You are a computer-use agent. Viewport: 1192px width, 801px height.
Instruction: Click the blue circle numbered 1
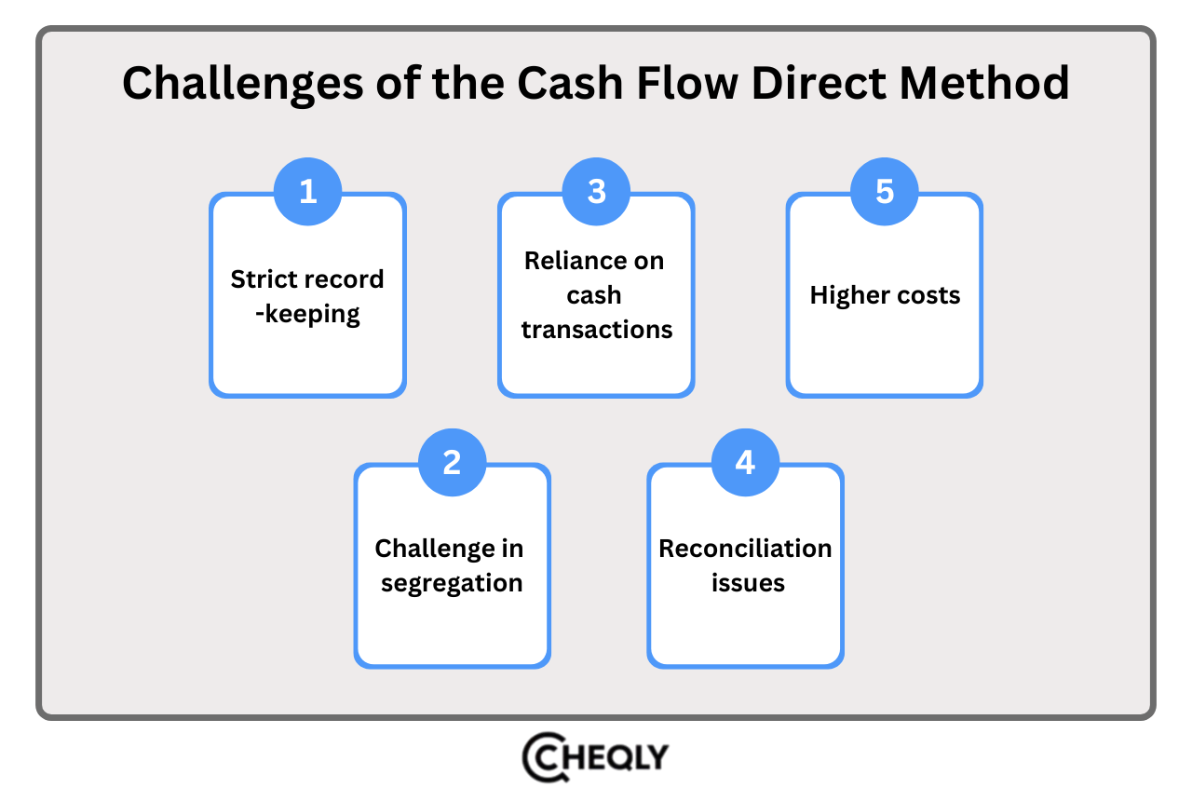(x=307, y=191)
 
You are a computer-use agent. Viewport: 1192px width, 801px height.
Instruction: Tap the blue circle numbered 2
(x=452, y=461)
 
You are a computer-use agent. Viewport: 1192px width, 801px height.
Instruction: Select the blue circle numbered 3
(x=597, y=191)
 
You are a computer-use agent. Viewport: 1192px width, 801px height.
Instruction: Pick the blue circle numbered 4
(x=745, y=461)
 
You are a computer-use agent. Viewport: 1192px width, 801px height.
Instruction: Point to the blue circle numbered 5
(x=885, y=191)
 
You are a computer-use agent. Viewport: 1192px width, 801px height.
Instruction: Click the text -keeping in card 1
(x=307, y=314)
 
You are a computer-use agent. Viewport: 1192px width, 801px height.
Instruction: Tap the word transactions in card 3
(x=597, y=330)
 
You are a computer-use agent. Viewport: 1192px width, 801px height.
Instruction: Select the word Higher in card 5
(x=844, y=296)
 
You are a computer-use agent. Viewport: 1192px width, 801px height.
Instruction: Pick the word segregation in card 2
(x=452, y=584)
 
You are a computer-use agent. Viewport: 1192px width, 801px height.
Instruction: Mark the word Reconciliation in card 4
(x=745, y=549)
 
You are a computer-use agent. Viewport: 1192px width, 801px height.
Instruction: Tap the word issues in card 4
(x=748, y=584)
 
